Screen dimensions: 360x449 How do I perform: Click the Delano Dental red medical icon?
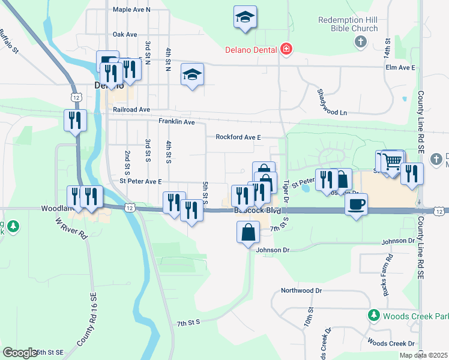(x=286, y=49)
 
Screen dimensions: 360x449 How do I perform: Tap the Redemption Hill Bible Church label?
(x=348, y=24)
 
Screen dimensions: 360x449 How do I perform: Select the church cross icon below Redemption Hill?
(x=360, y=41)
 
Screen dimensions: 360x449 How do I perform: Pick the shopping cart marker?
(x=392, y=162)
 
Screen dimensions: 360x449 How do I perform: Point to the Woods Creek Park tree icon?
(x=373, y=315)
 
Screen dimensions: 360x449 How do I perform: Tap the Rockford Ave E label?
(x=238, y=137)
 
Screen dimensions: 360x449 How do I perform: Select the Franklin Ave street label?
(x=176, y=122)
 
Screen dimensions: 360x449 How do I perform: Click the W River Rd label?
(x=72, y=229)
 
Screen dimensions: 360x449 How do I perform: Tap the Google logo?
(x=20, y=353)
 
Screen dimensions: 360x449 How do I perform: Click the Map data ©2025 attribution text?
(x=423, y=355)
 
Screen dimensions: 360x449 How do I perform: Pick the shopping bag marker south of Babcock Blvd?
(x=249, y=233)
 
